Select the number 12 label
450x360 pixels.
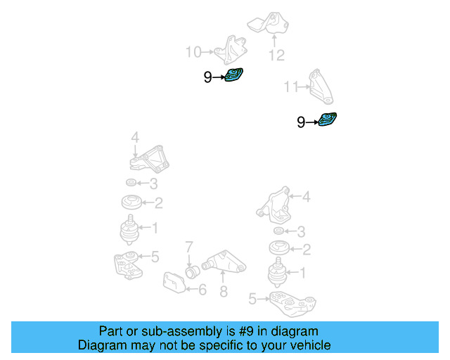click(276, 55)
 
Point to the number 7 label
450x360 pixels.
click(189, 246)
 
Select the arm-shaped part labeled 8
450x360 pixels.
click(224, 264)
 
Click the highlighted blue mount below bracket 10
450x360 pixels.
click(233, 76)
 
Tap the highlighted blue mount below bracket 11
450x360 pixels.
click(327, 120)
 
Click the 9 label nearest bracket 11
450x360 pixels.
click(301, 123)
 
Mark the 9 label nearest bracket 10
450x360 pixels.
click(207, 78)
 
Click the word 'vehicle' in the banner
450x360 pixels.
click(310, 345)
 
